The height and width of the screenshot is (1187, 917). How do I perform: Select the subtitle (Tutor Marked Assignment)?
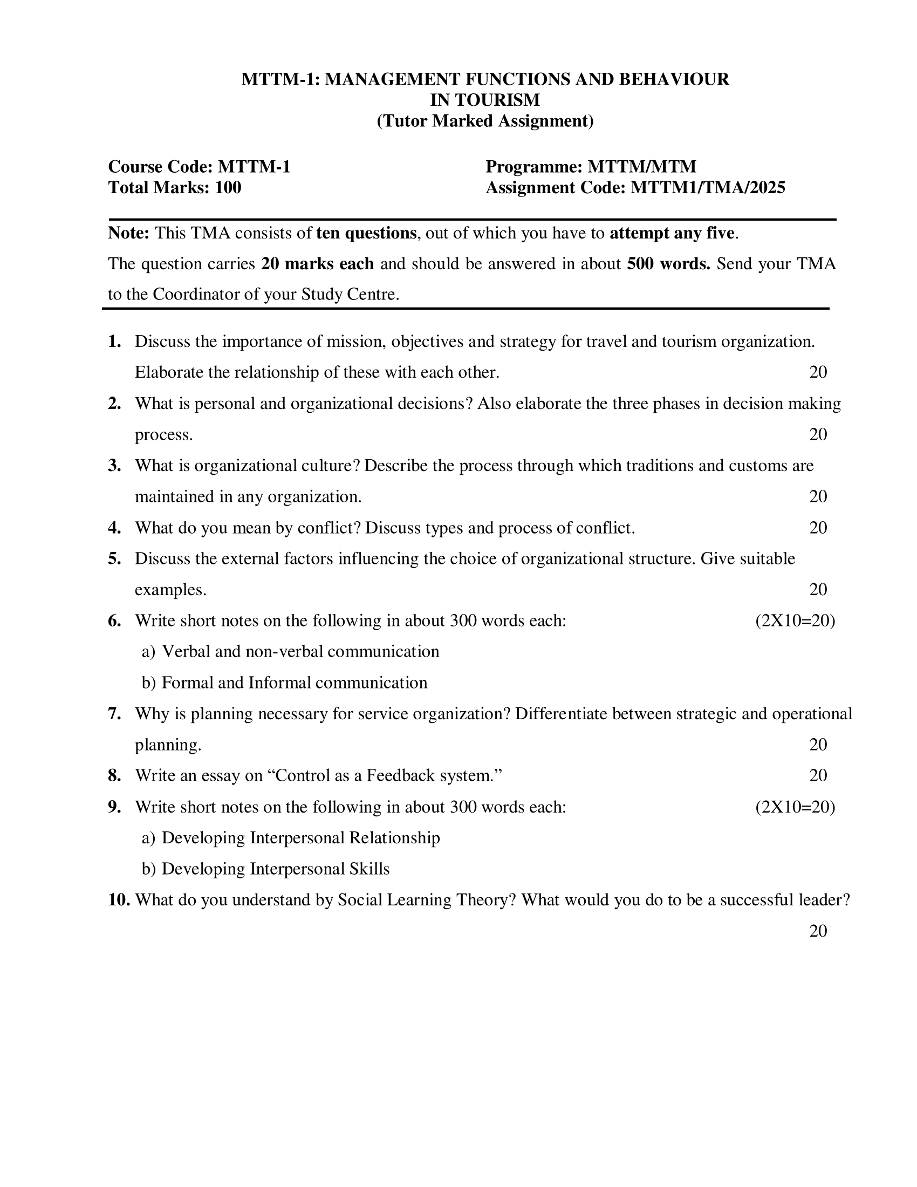485,121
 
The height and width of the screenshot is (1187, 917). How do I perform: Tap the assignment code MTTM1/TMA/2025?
707,188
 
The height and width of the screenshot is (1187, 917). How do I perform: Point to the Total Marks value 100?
228,188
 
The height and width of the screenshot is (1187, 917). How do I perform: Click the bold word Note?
129,233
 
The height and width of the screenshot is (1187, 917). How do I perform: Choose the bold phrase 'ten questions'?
366,233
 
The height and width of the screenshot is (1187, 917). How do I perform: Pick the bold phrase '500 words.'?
668,264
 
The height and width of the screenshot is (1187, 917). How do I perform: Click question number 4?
114,528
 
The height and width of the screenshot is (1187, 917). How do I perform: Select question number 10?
119,900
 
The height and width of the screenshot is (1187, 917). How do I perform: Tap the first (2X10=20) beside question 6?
795,620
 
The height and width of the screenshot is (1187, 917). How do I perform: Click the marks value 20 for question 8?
818,775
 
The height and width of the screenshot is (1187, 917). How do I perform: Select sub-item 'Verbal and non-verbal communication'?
300,652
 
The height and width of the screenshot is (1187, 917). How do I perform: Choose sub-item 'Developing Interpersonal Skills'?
276,869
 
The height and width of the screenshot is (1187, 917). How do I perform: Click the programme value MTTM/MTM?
641,167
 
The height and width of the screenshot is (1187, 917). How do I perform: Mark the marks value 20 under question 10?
818,931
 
